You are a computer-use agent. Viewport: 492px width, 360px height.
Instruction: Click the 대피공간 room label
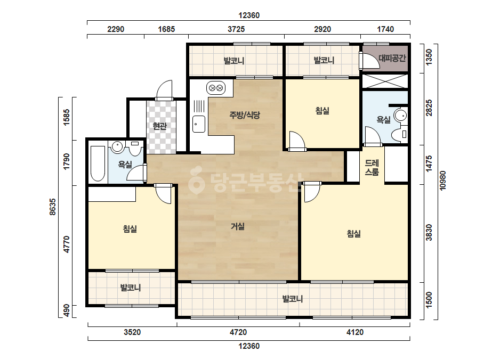click(x=392, y=58)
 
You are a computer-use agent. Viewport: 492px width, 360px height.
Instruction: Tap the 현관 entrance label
click(x=159, y=126)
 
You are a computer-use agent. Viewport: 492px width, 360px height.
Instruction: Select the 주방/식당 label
click(x=245, y=115)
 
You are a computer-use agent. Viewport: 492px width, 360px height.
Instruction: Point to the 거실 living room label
click(x=238, y=226)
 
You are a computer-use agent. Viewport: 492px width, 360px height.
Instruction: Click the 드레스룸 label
click(x=372, y=167)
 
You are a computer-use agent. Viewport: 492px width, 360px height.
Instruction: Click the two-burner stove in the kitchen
click(x=216, y=88)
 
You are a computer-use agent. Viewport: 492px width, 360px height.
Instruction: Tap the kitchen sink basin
click(x=199, y=124)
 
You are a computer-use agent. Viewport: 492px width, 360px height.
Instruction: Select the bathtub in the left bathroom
click(x=98, y=163)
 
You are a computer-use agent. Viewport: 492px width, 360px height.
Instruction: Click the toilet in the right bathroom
click(x=399, y=134)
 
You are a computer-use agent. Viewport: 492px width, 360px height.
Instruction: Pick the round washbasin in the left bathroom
click(x=117, y=146)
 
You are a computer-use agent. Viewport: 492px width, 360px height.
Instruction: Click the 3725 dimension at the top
click(x=236, y=29)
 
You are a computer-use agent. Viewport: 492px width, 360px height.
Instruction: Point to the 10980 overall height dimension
click(x=442, y=181)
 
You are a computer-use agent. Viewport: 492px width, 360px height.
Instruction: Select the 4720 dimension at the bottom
click(x=238, y=332)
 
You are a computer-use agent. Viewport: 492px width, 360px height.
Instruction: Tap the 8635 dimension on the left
click(x=53, y=207)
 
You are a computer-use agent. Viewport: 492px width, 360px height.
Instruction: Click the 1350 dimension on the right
click(x=429, y=57)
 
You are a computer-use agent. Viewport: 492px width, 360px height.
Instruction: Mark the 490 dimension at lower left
click(x=67, y=311)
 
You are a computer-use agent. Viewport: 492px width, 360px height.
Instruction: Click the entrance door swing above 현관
click(x=164, y=90)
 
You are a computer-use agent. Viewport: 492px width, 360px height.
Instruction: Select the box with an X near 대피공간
click(x=385, y=81)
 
